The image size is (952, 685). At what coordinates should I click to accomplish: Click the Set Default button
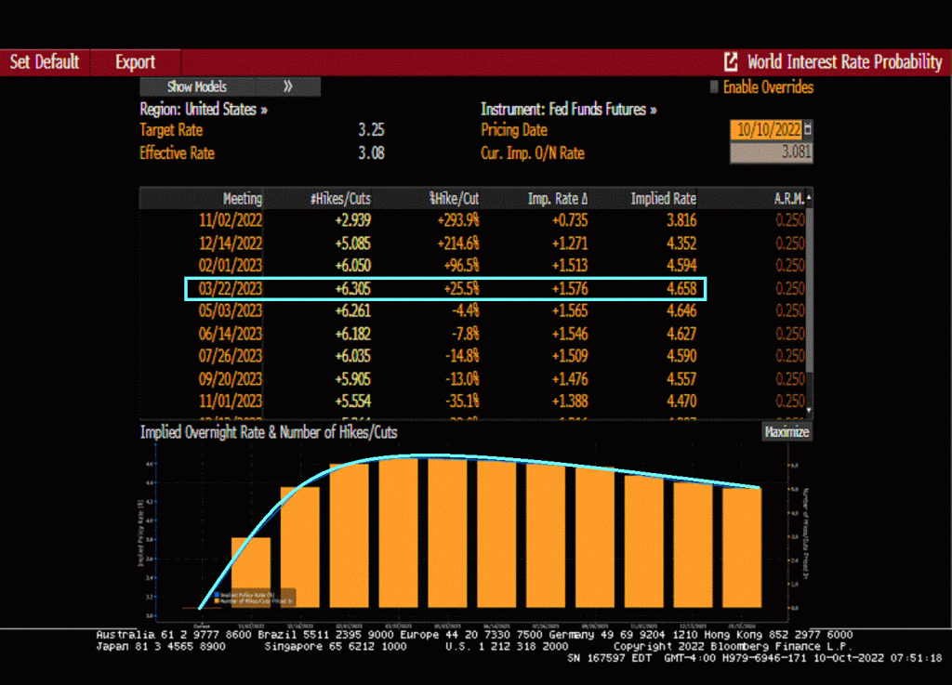point(45,62)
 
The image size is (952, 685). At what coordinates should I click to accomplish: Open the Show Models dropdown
point(230,86)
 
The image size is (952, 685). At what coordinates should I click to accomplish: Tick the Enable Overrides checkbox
point(714,87)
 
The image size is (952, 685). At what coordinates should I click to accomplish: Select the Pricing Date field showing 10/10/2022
point(766,130)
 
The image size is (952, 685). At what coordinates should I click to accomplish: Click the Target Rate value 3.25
point(371,130)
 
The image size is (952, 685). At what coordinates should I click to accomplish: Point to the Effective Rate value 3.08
point(371,153)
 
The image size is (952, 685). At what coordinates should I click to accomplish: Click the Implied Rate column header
point(663,199)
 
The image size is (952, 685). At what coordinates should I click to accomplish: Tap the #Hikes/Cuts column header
point(342,199)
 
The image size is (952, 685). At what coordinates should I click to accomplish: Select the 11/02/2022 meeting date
point(231,220)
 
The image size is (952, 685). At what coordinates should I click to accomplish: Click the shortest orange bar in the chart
point(251,572)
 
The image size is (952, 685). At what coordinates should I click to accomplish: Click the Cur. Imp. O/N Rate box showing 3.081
point(771,153)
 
